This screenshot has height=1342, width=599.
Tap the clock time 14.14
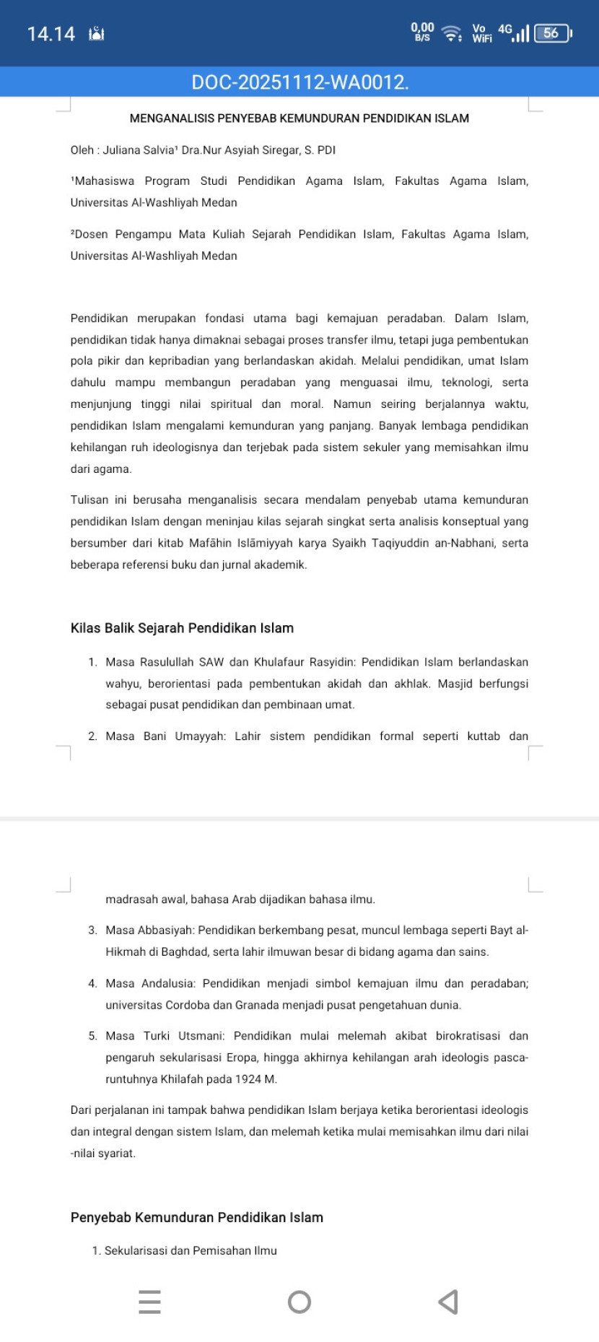click(51, 34)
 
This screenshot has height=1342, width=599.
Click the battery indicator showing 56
click(552, 33)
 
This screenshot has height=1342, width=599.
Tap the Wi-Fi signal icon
click(452, 33)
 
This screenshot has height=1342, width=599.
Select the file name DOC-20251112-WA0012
click(299, 82)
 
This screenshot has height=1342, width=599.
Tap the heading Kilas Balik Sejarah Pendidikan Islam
click(182, 628)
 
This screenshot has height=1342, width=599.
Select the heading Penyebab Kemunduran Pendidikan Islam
click(196, 1217)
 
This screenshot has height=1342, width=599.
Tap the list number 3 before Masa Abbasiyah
click(92, 931)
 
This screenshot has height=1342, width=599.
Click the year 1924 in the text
click(252, 1079)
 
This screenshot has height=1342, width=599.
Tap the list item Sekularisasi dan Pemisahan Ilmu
click(191, 1250)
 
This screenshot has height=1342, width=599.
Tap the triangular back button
click(448, 1302)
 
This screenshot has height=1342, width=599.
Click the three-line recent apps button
click(149, 1302)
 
